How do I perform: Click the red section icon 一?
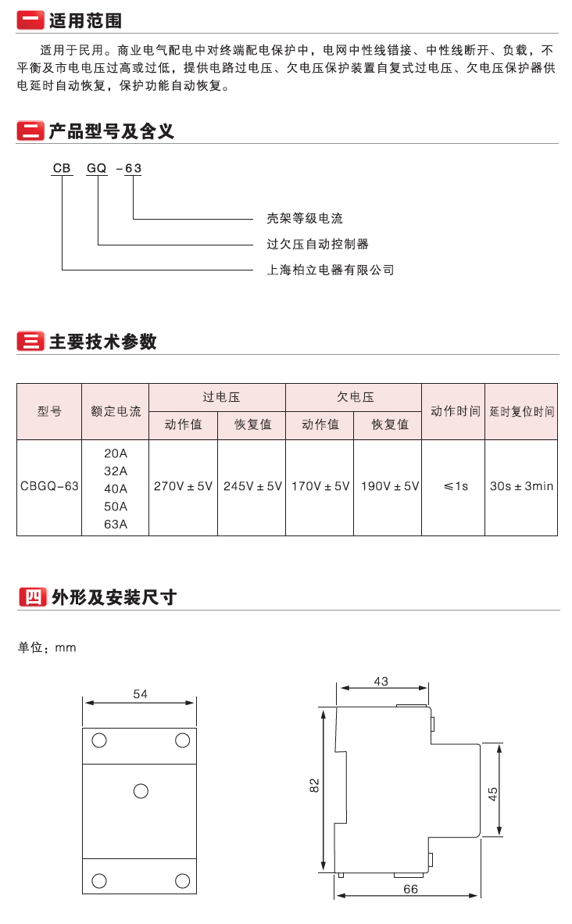coord(30,20)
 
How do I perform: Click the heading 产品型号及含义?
coord(111,131)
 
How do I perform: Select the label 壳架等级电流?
coord(305,219)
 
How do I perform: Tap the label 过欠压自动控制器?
coord(317,244)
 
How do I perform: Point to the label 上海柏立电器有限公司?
coord(331,270)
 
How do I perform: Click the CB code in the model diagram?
coord(62,169)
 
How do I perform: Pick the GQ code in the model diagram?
coord(97,169)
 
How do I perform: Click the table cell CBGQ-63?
coord(49,486)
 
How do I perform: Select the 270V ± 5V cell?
coord(183,486)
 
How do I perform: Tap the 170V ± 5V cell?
coord(320,486)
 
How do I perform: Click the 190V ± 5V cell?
coord(390,486)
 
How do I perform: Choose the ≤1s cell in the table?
coord(456,486)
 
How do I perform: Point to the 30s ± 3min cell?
coord(522,486)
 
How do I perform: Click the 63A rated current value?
coord(116,524)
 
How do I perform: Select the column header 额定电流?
coord(116,411)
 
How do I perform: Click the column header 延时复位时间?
coord(522,411)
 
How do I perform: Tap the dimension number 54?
coord(140,694)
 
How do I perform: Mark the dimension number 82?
coord(315,785)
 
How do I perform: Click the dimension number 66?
coord(410,890)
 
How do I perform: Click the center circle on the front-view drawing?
coord(141,791)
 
